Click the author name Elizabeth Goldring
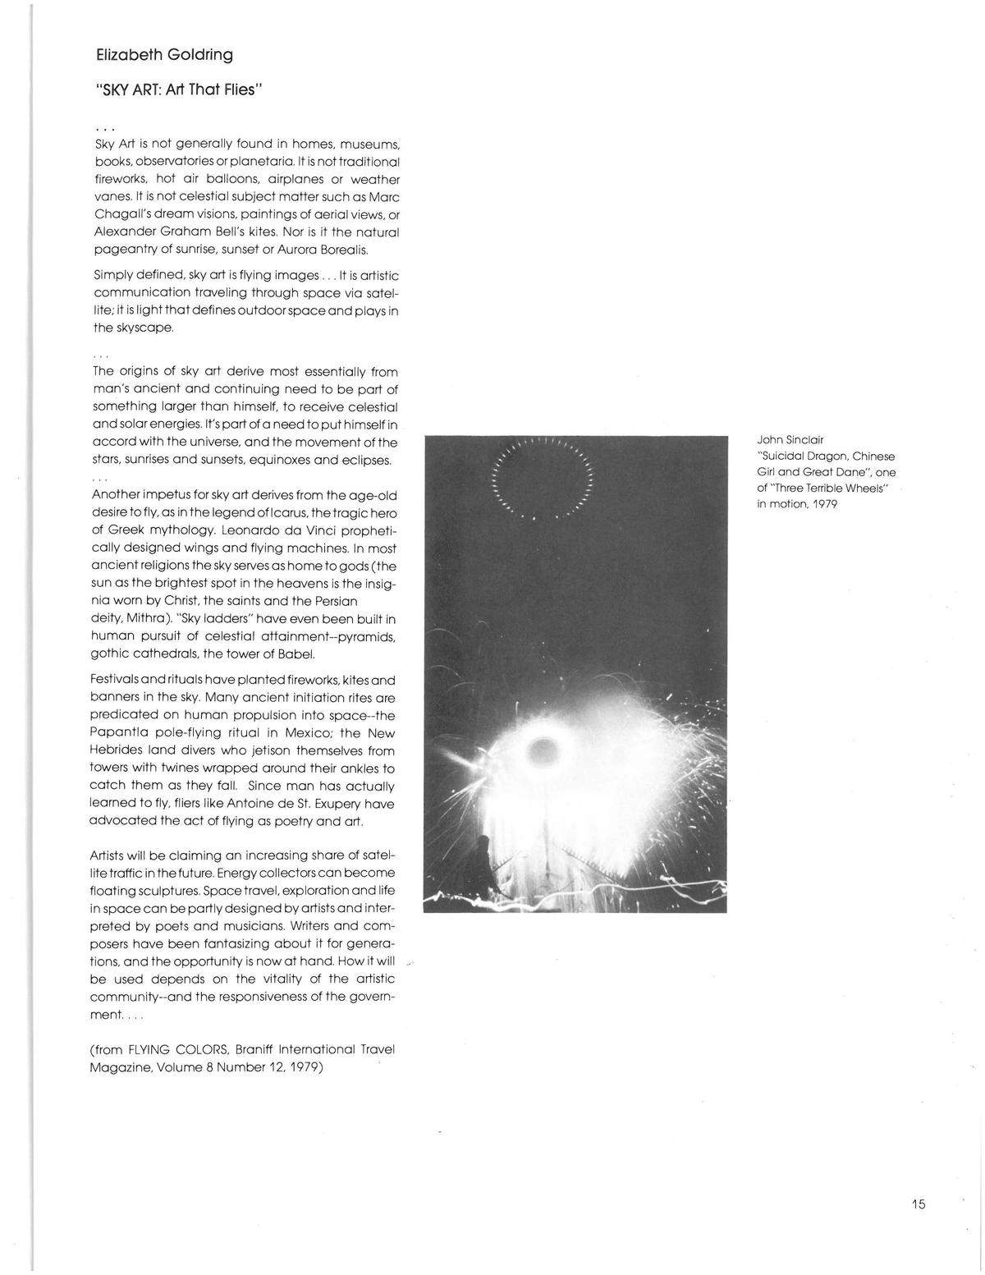tap(164, 55)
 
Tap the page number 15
tap(918, 1204)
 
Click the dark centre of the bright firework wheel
tap(543, 748)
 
